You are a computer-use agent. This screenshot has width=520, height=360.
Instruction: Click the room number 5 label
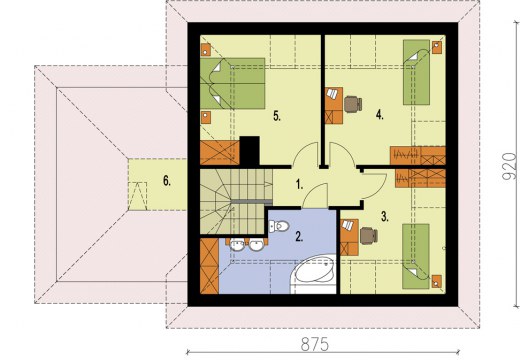277,116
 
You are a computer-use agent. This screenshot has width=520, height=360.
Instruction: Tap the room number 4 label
380,115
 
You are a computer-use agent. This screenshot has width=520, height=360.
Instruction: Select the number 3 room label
385,217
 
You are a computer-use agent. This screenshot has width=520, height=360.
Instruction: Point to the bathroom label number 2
299,236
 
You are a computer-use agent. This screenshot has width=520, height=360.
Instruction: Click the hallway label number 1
299,184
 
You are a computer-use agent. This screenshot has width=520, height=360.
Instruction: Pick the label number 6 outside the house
167,181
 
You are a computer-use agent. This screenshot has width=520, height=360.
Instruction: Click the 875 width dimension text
315,344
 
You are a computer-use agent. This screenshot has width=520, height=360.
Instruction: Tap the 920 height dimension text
509,166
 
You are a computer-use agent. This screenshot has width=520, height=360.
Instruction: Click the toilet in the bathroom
279,226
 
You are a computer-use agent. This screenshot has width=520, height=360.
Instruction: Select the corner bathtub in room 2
313,275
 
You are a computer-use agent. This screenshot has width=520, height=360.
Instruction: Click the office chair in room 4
353,104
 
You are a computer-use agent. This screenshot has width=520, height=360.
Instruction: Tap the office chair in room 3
369,236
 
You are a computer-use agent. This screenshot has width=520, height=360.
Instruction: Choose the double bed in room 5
232,83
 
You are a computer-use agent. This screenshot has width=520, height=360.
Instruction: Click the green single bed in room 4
416,72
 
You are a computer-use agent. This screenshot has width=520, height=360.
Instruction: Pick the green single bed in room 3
416,256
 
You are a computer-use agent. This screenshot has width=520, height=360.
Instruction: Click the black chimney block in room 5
249,151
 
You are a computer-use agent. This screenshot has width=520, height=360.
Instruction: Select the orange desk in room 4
334,106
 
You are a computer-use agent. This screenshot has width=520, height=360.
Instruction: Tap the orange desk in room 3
349,237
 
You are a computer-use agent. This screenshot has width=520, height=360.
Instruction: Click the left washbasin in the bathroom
237,245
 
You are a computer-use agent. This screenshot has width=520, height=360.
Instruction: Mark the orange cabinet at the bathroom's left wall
209,266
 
